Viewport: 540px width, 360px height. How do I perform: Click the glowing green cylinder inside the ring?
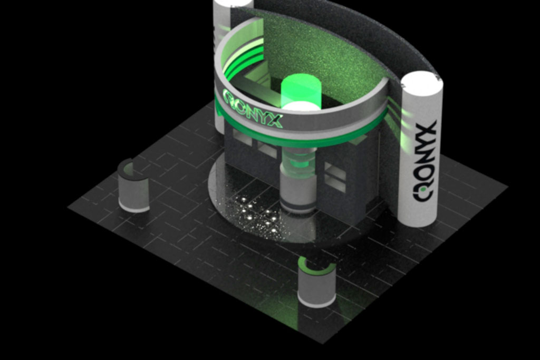[301, 91]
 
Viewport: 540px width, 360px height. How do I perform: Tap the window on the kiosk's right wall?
[335, 177]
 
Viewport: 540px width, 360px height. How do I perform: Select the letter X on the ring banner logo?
[274, 121]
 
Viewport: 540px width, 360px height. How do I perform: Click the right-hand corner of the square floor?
[507, 186]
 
